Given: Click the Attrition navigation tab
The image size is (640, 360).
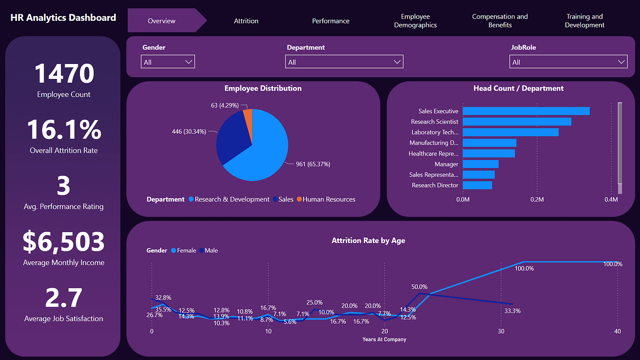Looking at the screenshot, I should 246,21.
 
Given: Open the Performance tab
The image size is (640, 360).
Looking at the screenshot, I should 331,21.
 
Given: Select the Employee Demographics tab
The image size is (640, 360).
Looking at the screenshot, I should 415,21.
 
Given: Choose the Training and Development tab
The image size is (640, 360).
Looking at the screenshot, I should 585,21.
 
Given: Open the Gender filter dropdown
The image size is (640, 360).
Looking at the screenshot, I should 168,62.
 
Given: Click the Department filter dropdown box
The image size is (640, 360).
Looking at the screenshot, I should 345,62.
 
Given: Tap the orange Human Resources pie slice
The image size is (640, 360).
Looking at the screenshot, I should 247,116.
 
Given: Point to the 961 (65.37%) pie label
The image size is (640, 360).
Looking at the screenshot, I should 313,164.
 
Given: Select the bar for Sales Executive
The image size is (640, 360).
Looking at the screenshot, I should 526,111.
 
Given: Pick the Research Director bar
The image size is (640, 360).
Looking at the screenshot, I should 477,185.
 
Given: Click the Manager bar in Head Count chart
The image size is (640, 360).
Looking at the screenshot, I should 481,164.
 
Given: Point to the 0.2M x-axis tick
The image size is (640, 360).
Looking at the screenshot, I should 537,199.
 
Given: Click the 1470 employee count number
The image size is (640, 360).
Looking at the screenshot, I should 64,74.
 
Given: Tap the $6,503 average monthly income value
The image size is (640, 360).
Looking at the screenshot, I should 63,242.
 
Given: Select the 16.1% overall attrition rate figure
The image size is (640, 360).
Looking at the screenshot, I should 63,130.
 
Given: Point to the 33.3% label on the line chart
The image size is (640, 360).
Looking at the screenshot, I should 512,310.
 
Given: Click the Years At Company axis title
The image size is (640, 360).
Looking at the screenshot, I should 384,339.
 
